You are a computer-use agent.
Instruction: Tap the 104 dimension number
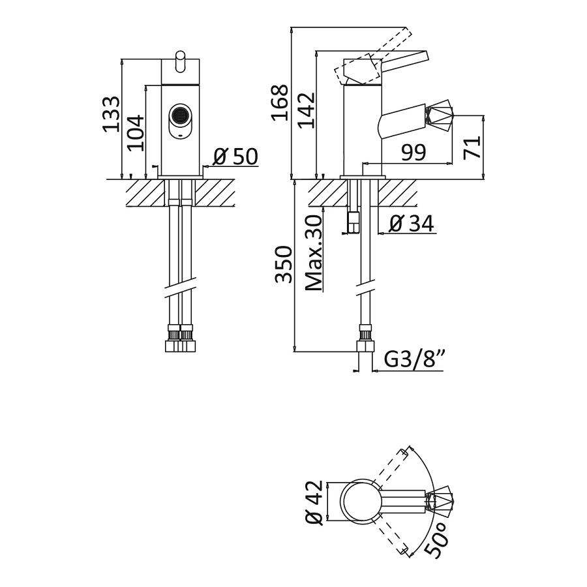[135, 132]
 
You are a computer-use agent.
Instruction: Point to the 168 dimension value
[279, 102]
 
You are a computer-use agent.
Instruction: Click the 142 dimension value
[307, 110]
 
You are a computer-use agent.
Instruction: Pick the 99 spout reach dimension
[414, 153]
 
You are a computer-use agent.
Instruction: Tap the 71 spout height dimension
[472, 147]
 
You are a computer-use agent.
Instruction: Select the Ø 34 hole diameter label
[412, 224]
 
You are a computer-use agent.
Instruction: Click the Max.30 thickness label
[313, 254]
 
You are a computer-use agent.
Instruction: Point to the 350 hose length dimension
[282, 264]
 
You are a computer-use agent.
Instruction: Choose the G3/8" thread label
[414, 360]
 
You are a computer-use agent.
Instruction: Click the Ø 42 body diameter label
[314, 502]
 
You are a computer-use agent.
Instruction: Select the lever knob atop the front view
[180, 61]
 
